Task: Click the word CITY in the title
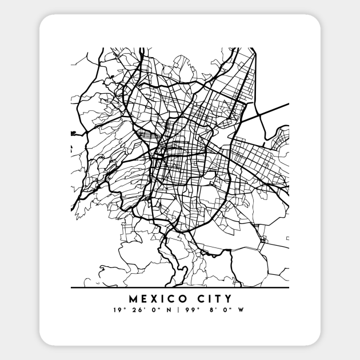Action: coord(213,298)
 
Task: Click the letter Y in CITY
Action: coord(229,298)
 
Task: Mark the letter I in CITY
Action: coord(208,298)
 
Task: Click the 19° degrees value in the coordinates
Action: coord(118,311)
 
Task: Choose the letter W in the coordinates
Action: coord(242,311)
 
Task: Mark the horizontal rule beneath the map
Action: coord(180,287)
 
